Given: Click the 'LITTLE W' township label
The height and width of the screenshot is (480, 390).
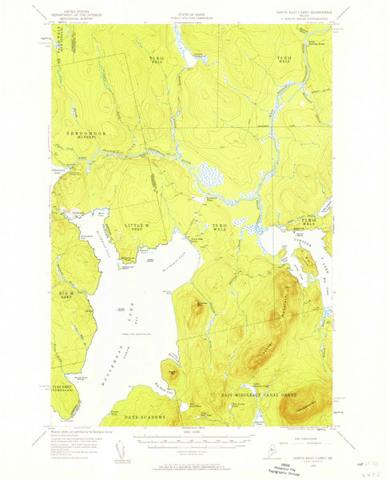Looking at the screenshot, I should pos(141,226).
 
